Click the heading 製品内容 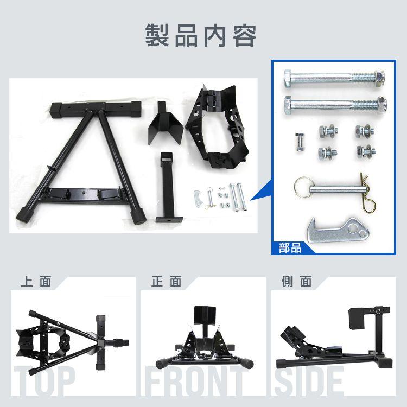point(201,36)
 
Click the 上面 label point(36,282)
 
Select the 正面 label point(166,282)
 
